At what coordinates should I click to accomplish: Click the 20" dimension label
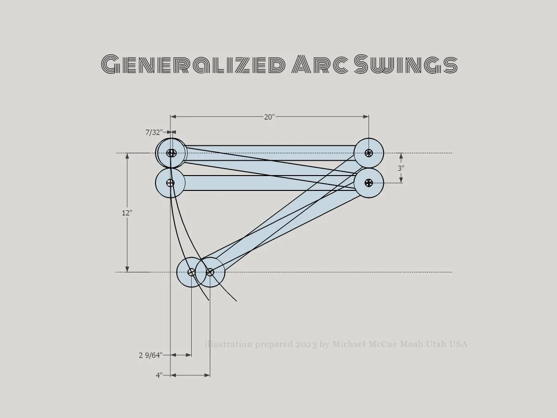coord(269,117)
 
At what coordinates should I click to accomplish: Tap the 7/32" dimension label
coord(154,132)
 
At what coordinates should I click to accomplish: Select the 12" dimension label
coord(127,213)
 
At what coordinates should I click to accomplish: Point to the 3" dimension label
coord(401,168)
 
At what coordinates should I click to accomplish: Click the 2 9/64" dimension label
coord(150,355)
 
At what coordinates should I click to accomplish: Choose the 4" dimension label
coord(159,375)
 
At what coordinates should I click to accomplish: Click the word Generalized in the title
coord(193,64)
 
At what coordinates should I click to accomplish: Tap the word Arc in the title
coord(320,64)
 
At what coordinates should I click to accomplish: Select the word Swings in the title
coord(406,64)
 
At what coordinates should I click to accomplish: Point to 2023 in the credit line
coord(306,344)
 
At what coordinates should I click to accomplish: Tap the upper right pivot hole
coord(369,153)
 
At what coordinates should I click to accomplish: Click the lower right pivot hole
coord(369,183)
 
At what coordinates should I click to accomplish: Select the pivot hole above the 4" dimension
coord(210,272)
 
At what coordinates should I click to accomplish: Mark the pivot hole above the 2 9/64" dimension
coord(191,272)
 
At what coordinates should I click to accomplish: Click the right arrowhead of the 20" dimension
coord(366,117)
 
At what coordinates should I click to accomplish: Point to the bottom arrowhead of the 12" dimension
coord(127,269)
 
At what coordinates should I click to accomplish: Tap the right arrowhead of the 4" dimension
coord(207,375)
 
